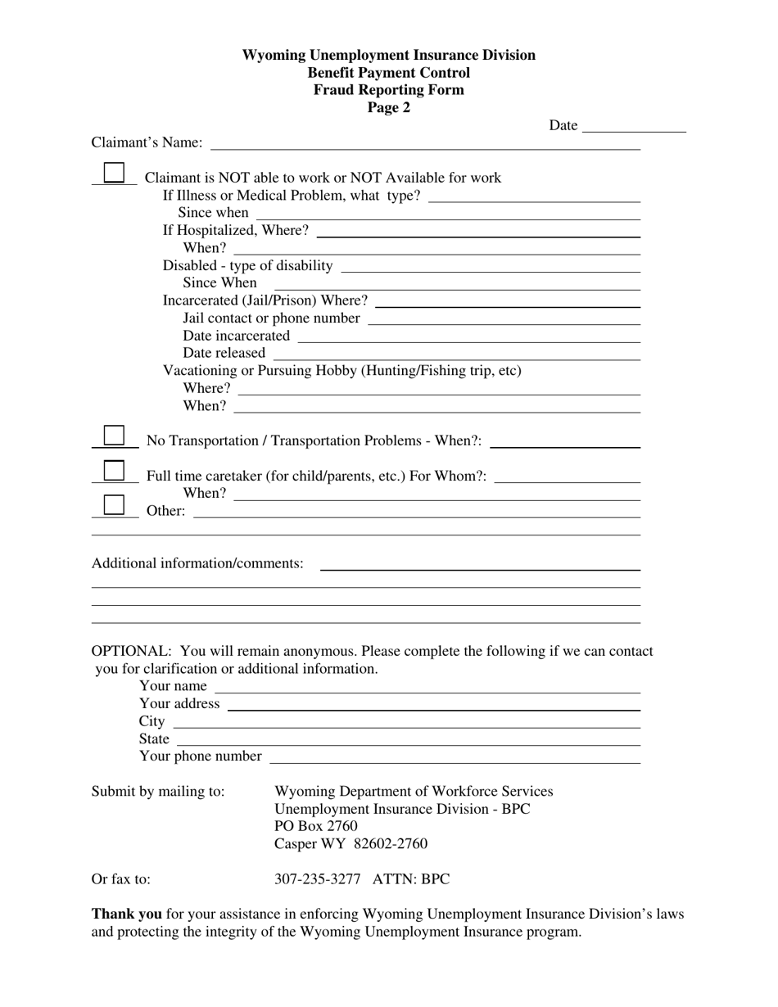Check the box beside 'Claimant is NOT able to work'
pyautogui.click(x=114, y=173)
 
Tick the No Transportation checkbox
pyautogui.click(x=114, y=435)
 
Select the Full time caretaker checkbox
pyautogui.click(x=114, y=471)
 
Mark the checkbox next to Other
pyautogui.click(x=114, y=505)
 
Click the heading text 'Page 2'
pyautogui.click(x=389, y=107)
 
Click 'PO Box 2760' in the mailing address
pyautogui.click(x=316, y=826)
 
